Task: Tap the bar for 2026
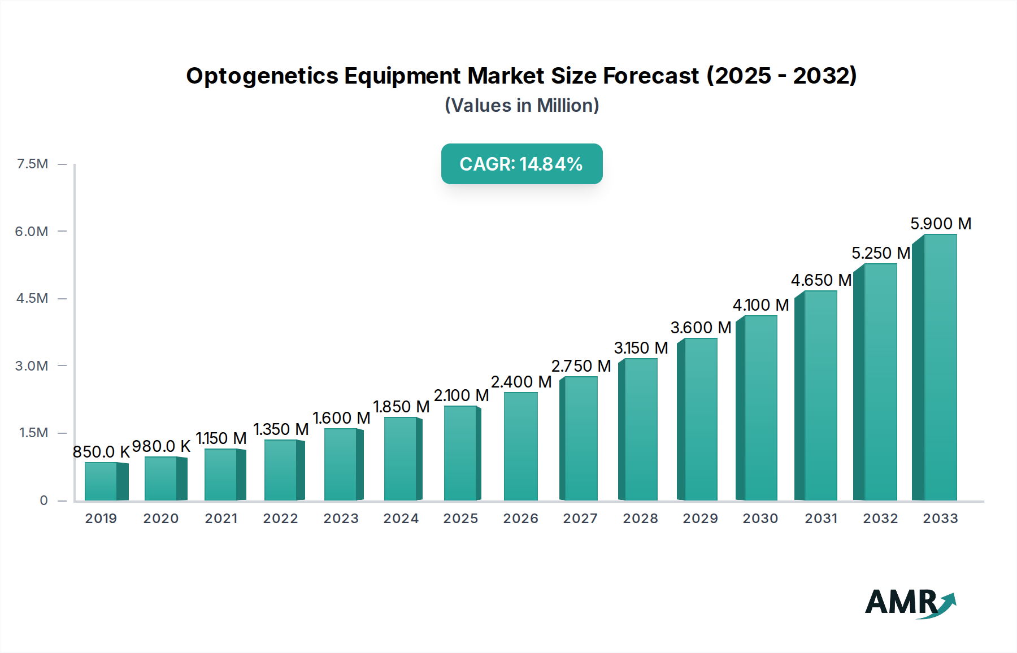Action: [520, 446]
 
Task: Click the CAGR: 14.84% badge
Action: [521, 164]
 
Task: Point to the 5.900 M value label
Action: [941, 224]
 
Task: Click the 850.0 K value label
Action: [101, 452]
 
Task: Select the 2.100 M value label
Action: [461, 395]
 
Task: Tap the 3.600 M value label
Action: [701, 328]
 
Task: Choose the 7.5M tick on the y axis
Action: [32, 164]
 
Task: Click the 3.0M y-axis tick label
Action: [32, 365]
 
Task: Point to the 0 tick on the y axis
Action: [44, 500]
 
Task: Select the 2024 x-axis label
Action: [401, 519]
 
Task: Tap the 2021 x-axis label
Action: [221, 519]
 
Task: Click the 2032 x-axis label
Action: [880, 519]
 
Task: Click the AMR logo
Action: [910, 603]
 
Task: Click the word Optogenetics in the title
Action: [262, 76]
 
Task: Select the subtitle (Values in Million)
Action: [521, 106]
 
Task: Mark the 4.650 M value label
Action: [821, 280]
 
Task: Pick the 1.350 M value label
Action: [281, 429]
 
